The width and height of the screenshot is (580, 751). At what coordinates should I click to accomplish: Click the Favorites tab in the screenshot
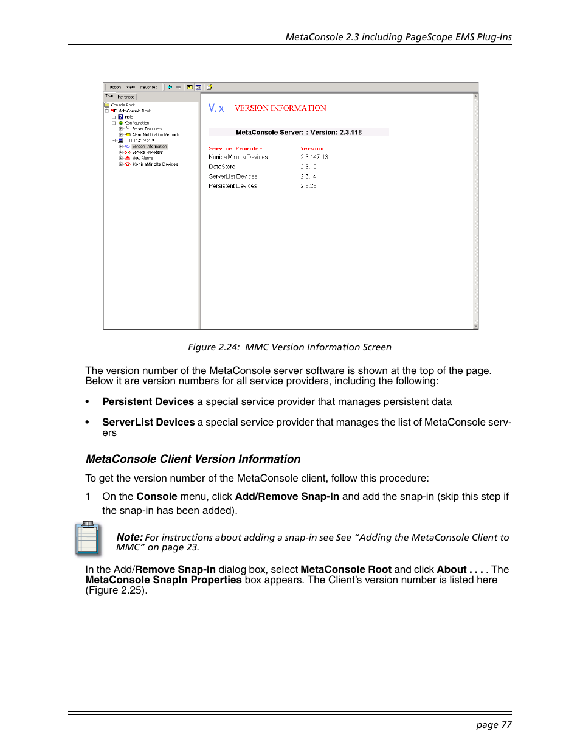(x=126, y=97)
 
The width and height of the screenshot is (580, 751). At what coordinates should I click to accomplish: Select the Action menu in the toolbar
(x=115, y=88)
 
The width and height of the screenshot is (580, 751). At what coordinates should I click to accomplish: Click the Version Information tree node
(x=149, y=147)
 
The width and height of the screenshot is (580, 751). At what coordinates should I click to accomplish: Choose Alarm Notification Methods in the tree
(x=156, y=135)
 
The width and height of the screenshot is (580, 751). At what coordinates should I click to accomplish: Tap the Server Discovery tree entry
(x=147, y=129)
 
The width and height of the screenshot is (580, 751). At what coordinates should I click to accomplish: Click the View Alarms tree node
(x=143, y=158)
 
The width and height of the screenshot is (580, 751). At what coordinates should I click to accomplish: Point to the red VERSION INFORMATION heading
(x=280, y=108)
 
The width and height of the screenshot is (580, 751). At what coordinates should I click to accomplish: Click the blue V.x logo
(x=216, y=108)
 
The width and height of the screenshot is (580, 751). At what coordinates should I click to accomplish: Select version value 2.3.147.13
(x=314, y=157)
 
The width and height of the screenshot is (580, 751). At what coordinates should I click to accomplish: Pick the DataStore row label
(x=222, y=167)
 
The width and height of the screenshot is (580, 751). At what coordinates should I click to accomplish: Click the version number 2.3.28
(x=308, y=186)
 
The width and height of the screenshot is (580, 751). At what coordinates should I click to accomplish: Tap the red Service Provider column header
(x=235, y=148)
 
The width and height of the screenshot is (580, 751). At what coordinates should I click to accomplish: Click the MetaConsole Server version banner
(x=299, y=133)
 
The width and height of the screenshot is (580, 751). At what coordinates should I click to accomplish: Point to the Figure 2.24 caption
(x=289, y=347)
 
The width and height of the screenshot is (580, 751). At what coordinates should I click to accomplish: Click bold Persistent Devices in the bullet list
(x=148, y=402)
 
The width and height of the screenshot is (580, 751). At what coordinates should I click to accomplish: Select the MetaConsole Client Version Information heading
(x=193, y=459)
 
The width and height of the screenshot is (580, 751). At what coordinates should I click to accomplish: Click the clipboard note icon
(x=88, y=538)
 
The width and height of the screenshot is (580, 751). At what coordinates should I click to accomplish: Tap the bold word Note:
(x=129, y=537)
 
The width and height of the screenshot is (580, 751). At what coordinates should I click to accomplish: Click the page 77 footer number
(x=494, y=725)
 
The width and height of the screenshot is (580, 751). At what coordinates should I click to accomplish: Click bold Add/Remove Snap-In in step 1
(x=287, y=497)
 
